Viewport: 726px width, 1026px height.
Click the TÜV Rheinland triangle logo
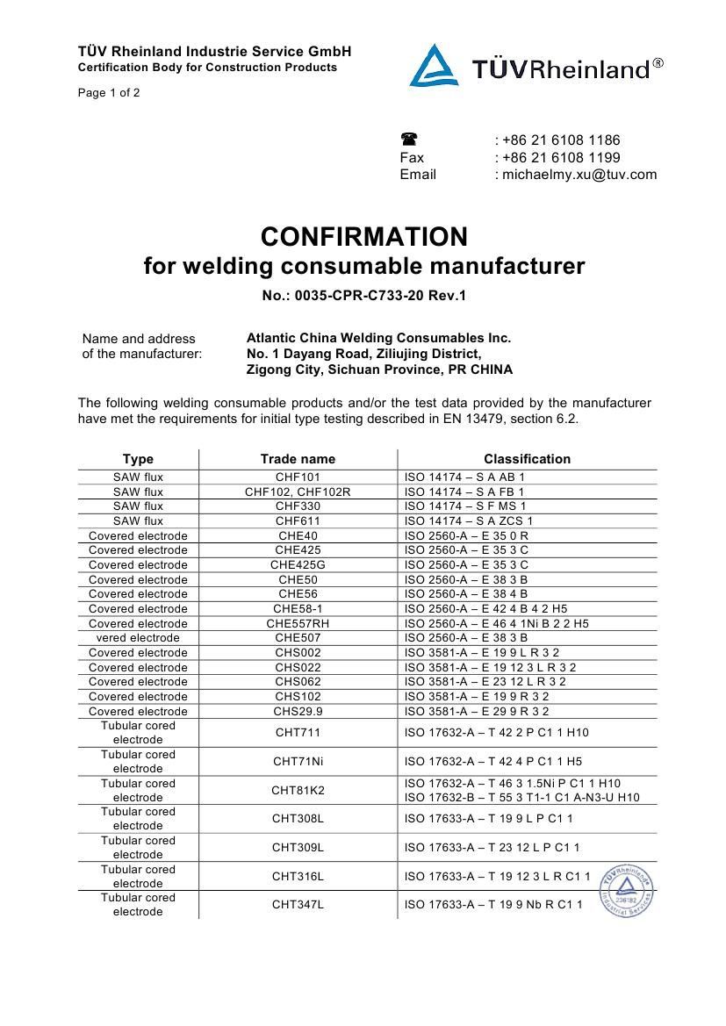click(x=434, y=66)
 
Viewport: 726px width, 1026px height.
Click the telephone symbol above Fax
click(x=409, y=140)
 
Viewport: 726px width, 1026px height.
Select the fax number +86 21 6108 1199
click(x=561, y=157)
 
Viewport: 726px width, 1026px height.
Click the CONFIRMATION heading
click(x=363, y=237)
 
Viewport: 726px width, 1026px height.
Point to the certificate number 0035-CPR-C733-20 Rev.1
click(x=363, y=295)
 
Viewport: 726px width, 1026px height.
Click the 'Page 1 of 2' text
click(x=109, y=92)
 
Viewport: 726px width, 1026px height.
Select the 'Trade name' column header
click(x=298, y=459)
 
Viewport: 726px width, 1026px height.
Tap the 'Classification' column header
click(x=527, y=459)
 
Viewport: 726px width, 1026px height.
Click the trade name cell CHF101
click(x=298, y=477)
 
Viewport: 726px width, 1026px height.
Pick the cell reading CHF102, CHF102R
click(x=298, y=492)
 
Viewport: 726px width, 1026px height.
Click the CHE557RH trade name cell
click(x=298, y=623)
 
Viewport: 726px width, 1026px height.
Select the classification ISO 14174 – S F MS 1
click(x=465, y=506)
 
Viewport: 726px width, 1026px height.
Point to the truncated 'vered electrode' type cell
click(x=138, y=638)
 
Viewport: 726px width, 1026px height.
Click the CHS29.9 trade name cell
click(x=298, y=711)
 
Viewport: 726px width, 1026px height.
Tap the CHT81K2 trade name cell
click(x=298, y=791)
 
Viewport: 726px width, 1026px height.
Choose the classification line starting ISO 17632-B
click(x=522, y=798)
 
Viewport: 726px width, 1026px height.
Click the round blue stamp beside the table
click(x=627, y=891)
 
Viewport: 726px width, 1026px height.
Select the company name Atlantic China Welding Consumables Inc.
click(x=378, y=338)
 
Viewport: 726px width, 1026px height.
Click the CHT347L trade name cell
click(x=298, y=905)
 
